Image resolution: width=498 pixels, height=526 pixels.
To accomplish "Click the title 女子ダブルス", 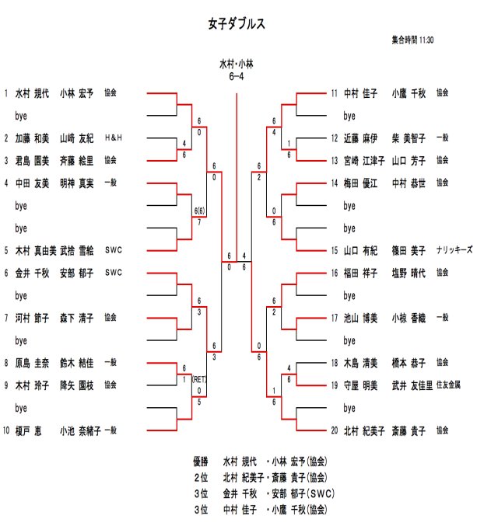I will pyautogui.click(x=237, y=24).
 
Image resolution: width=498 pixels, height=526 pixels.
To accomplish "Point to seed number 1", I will pyautogui.click(x=6, y=93).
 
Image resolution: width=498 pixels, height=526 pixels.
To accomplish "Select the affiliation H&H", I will pyautogui.click(x=114, y=138).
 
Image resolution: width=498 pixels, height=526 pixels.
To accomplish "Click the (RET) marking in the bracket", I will pyautogui.click(x=200, y=380).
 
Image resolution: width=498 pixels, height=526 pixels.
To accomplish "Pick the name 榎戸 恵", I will pyautogui.click(x=28, y=430).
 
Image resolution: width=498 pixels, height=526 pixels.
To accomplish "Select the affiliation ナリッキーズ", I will pyautogui.click(x=454, y=250).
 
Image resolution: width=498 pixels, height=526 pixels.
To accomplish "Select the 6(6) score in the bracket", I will pyautogui.click(x=200, y=211).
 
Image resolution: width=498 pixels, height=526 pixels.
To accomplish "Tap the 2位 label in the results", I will pyautogui.click(x=202, y=476).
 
